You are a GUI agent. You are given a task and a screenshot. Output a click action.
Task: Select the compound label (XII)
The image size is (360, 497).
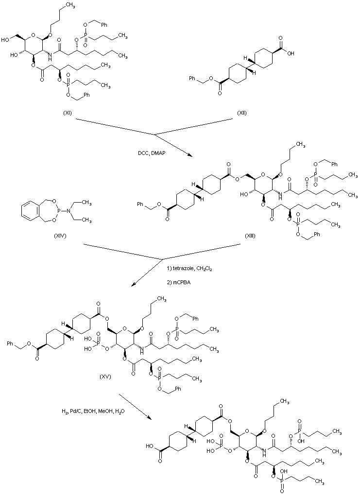point(241,113)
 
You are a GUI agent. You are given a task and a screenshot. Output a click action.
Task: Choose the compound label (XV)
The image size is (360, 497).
point(105,376)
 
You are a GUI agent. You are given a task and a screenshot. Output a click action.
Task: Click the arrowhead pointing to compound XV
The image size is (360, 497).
point(128,286)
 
